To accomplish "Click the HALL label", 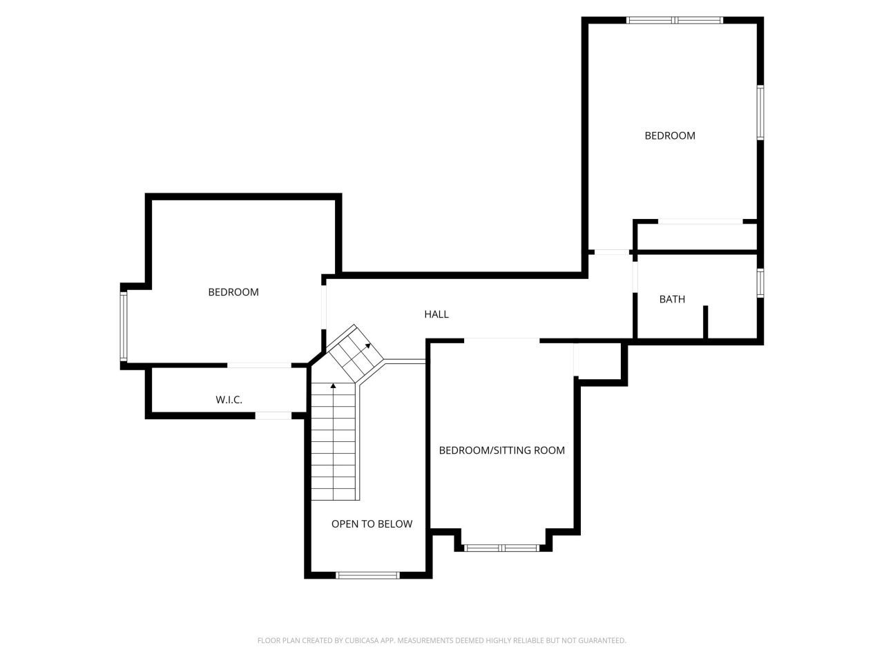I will click(x=436, y=314).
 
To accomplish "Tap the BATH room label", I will click(x=672, y=299).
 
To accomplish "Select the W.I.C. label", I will click(x=229, y=400).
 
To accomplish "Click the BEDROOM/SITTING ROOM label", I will click(x=502, y=450).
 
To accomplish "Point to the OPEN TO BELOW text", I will click(x=372, y=524).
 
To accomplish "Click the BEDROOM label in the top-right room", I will click(x=670, y=135).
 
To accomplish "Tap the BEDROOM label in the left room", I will click(x=233, y=292).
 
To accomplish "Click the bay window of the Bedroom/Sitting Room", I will click(x=501, y=548).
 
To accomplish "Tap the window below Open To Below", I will click(x=367, y=575).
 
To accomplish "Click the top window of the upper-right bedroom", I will click(x=674, y=20).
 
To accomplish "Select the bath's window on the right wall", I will click(x=760, y=283).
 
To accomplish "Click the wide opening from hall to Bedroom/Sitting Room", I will click(x=501, y=340).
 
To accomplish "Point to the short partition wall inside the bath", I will click(x=705, y=322).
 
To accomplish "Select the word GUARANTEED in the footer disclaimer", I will click(x=602, y=641).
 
